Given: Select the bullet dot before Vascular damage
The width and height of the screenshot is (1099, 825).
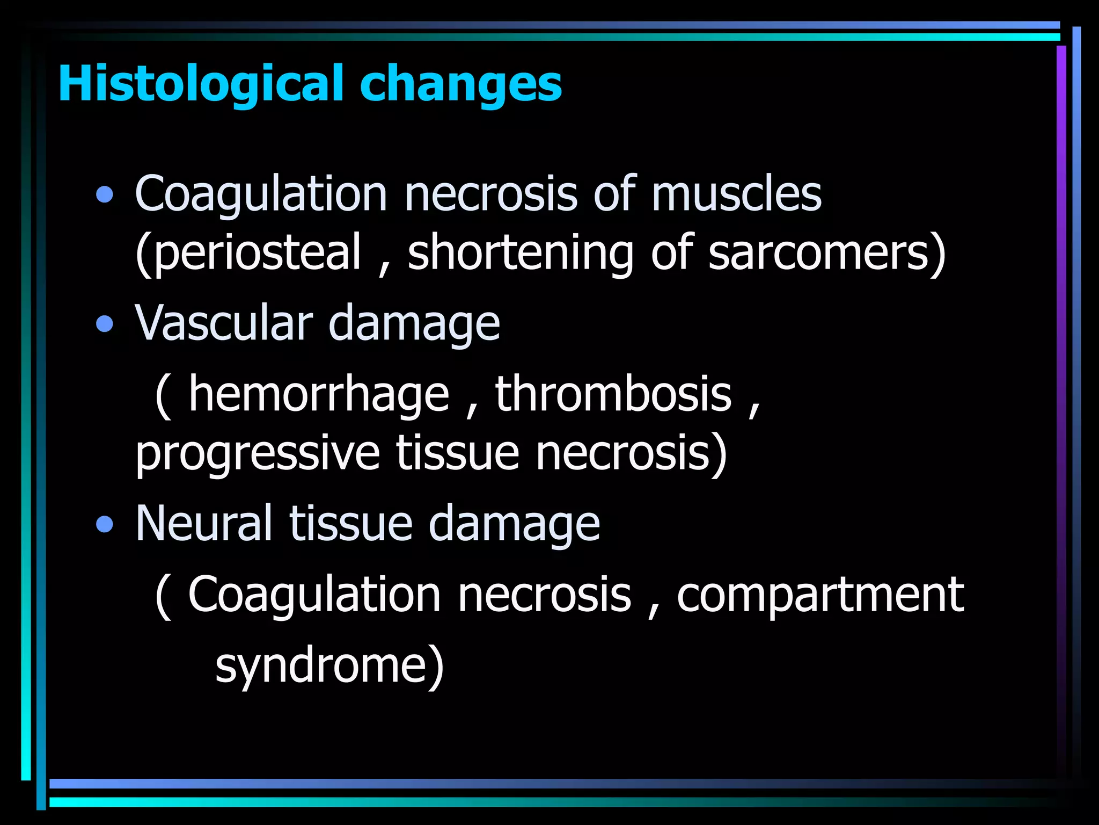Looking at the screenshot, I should [105, 324].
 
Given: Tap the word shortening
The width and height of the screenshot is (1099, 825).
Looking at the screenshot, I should [521, 254].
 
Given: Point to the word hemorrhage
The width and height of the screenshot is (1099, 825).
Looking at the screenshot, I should [319, 396].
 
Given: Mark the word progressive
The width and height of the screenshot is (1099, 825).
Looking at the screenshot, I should [258, 454].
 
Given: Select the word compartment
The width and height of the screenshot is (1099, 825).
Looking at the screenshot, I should [820, 596].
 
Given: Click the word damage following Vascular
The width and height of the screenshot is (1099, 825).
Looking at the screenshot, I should [414, 324].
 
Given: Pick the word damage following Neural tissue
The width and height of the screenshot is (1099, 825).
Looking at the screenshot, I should [514, 524].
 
